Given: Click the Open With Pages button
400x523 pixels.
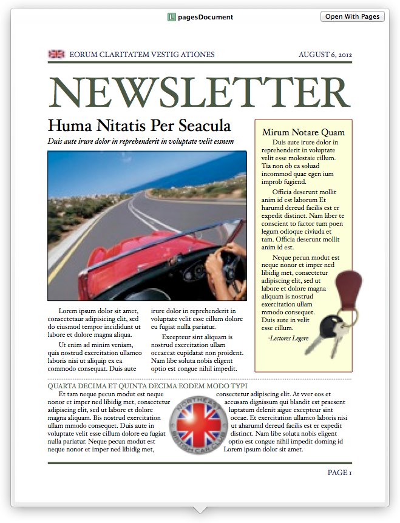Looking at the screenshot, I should tap(352, 16).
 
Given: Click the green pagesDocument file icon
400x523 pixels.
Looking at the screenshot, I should tap(172, 17).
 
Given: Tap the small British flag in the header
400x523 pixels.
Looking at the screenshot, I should tap(56, 55).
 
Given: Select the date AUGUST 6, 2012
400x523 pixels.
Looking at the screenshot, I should tap(325, 55).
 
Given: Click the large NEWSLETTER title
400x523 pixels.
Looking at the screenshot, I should tap(200, 92).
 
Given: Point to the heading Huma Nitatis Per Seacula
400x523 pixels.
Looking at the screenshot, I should tap(140, 126).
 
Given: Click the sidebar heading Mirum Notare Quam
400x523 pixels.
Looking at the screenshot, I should tap(303, 132).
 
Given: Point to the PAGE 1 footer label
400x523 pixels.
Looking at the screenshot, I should tap(339, 473).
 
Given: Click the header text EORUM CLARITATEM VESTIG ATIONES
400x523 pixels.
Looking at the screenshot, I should tap(142, 55).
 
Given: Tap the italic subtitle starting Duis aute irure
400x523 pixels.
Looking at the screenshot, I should tap(140, 141).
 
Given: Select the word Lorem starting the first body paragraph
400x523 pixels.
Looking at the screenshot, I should tap(68, 311).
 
